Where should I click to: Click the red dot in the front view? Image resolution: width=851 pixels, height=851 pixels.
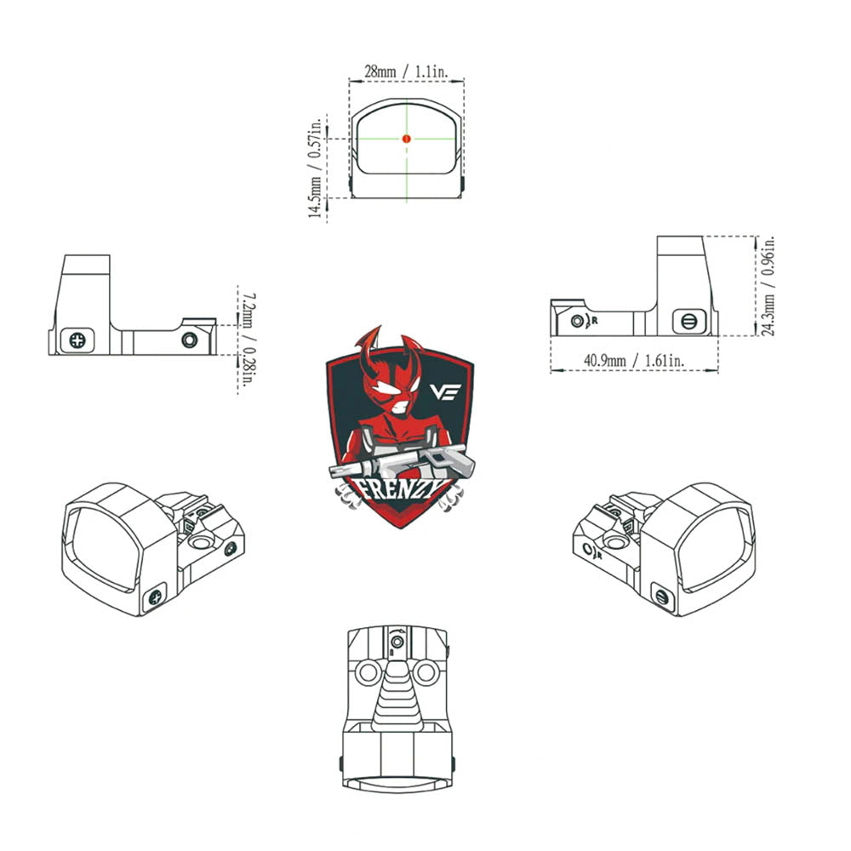(x=406, y=139)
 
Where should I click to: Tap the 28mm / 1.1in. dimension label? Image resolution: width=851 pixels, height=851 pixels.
(x=405, y=71)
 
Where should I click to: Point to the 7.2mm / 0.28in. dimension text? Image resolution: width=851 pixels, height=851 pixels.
(x=248, y=340)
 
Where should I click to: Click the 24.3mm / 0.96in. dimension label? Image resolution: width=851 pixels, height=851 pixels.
(x=768, y=286)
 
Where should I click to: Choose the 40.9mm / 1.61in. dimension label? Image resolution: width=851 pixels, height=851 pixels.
(x=634, y=360)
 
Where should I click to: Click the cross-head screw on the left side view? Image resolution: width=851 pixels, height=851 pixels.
(x=77, y=341)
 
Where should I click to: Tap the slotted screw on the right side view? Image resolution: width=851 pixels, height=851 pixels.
(x=688, y=322)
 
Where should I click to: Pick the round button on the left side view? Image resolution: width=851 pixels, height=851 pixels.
(x=190, y=340)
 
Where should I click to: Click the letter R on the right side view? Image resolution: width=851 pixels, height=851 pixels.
(x=595, y=321)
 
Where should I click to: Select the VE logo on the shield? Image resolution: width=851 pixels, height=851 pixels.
(x=445, y=391)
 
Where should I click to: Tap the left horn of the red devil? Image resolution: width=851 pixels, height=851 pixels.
(x=369, y=346)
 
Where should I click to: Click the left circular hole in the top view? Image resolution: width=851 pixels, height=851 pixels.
(x=368, y=673)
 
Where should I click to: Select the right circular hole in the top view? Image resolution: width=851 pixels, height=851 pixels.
(x=425, y=673)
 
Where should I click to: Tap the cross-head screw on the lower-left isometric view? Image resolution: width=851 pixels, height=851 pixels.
(x=155, y=597)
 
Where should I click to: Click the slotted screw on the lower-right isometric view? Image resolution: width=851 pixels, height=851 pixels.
(x=661, y=597)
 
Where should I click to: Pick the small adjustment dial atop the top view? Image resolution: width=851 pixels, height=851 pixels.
(x=397, y=643)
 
